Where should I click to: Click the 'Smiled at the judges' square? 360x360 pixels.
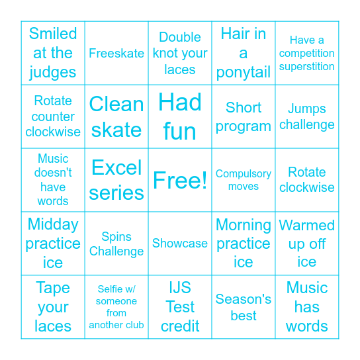coord(53,53)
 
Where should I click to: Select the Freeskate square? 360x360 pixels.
coord(116,53)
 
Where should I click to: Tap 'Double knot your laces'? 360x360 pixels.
coord(180,53)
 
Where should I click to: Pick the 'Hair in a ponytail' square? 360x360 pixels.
coord(244,53)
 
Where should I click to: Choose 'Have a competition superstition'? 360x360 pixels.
coord(307,53)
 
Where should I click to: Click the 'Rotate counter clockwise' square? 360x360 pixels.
coord(53,116)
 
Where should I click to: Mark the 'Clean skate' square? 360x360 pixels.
coord(116,116)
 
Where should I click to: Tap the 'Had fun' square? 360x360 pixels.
coord(180,116)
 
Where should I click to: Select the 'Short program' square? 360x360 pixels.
coord(244,116)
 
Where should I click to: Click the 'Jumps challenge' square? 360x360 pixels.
coord(307,116)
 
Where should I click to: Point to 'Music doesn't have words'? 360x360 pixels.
coord(53,180)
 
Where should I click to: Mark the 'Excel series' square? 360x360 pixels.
coord(116,180)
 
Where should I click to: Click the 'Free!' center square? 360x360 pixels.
coord(180,180)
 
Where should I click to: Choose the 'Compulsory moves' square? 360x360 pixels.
coord(244,180)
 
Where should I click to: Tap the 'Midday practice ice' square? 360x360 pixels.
coord(53,244)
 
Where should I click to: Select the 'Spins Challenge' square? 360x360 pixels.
coord(116,244)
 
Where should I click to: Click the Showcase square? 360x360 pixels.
coord(180,244)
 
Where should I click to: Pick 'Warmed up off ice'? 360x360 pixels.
coord(307,244)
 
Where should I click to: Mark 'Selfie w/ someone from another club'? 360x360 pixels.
coord(116,307)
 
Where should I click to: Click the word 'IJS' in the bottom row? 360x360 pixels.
coord(180,289)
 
